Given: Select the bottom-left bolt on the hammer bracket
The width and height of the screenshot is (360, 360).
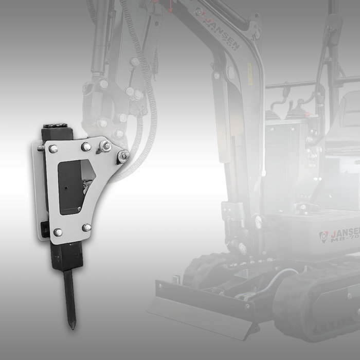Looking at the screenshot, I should pos(58,232).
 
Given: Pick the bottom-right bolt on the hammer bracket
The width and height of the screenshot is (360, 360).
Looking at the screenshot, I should pos(86,227).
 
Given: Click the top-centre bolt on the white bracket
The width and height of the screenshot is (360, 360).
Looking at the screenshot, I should pos(86,147).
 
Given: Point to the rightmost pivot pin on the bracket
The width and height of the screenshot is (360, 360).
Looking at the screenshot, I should pos(123,156).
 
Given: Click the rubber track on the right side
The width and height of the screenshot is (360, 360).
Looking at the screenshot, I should pos(319,309).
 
